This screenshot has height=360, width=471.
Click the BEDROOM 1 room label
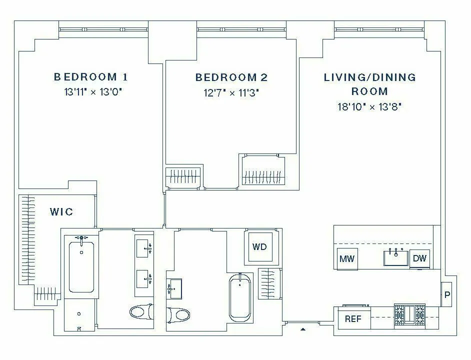(x=90, y=77)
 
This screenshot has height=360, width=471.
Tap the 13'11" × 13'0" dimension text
(x=93, y=92)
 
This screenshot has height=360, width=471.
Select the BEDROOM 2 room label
(x=231, y=77)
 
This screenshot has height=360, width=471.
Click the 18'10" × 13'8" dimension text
(x=370, y=106)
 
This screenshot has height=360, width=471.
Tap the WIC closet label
(x=61, y=212)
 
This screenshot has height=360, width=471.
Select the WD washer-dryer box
(x=259, y=247)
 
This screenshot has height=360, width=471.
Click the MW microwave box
(x=346, y=258)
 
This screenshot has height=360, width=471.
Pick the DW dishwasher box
(x=419, y=258)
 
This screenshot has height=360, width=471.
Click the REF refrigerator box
(x=352, y=319)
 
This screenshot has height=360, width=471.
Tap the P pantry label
(x=447, y=295)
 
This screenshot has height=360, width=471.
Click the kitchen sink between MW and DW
(x=395, y=258)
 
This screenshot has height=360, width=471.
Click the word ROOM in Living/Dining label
(x=369, y=91)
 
